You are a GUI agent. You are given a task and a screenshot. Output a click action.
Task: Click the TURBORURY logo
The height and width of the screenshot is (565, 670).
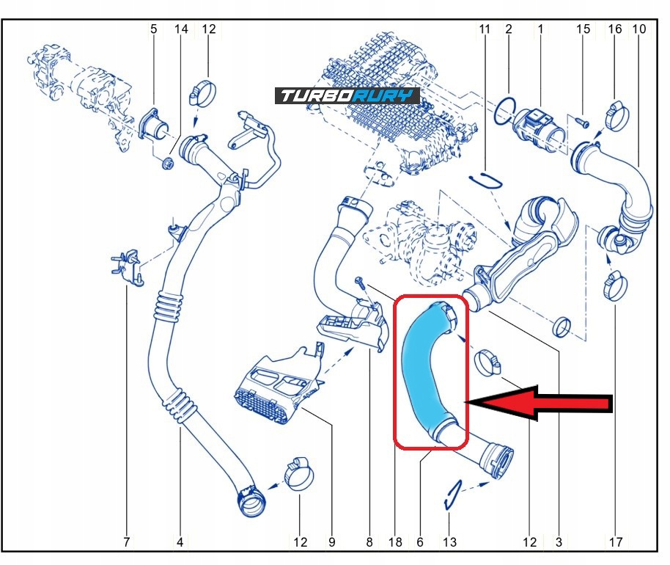[347, 96]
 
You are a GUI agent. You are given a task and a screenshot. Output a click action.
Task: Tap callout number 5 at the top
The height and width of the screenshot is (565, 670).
[153, 29]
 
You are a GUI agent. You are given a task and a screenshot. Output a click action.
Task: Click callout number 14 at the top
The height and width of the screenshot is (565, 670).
[181, 29]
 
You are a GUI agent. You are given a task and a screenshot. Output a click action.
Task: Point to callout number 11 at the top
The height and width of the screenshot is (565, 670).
[485, 29]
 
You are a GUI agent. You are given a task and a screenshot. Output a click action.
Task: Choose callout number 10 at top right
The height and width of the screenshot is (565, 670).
[639, 29]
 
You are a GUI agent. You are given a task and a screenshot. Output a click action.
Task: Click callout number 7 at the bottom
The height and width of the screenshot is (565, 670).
[126, 542]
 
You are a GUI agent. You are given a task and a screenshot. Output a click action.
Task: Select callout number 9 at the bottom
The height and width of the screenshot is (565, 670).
[331, 542]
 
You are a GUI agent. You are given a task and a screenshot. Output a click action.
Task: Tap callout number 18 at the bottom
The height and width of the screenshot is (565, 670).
[395, 542]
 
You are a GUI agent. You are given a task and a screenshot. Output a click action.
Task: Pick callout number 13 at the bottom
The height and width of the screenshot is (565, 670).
[449, 542]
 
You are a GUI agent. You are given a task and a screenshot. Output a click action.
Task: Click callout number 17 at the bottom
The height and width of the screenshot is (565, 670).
[616, 542]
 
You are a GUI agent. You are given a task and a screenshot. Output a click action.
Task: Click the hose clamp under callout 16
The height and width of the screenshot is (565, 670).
[615, 115]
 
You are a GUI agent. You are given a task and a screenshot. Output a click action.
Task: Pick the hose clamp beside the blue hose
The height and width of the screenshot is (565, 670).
[488, 362]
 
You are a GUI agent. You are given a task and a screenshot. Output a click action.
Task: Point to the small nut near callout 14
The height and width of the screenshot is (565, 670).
[167, 163]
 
